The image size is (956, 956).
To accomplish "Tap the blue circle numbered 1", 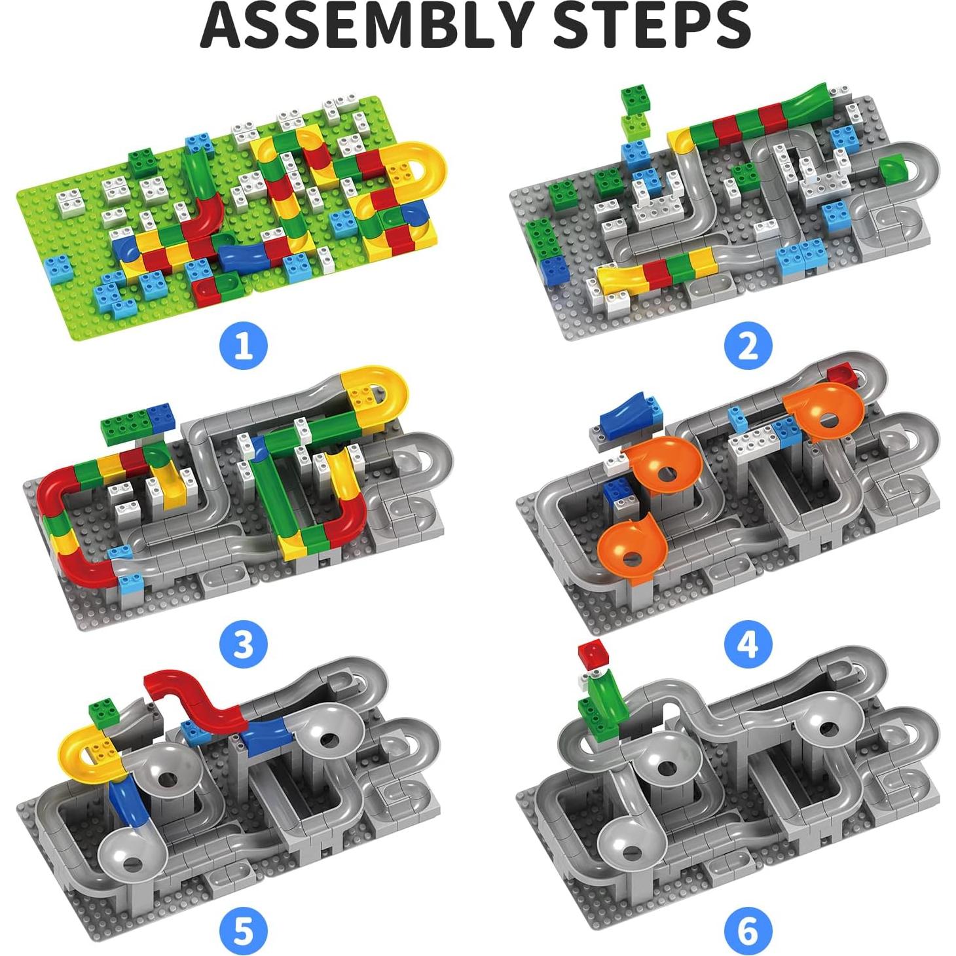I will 244,345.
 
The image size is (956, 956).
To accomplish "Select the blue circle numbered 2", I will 748,345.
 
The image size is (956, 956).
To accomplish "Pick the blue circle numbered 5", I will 244,930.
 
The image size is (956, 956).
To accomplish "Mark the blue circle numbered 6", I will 748,930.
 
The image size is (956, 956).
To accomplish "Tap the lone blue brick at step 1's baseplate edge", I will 54,268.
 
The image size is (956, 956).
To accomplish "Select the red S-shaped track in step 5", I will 196,701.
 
